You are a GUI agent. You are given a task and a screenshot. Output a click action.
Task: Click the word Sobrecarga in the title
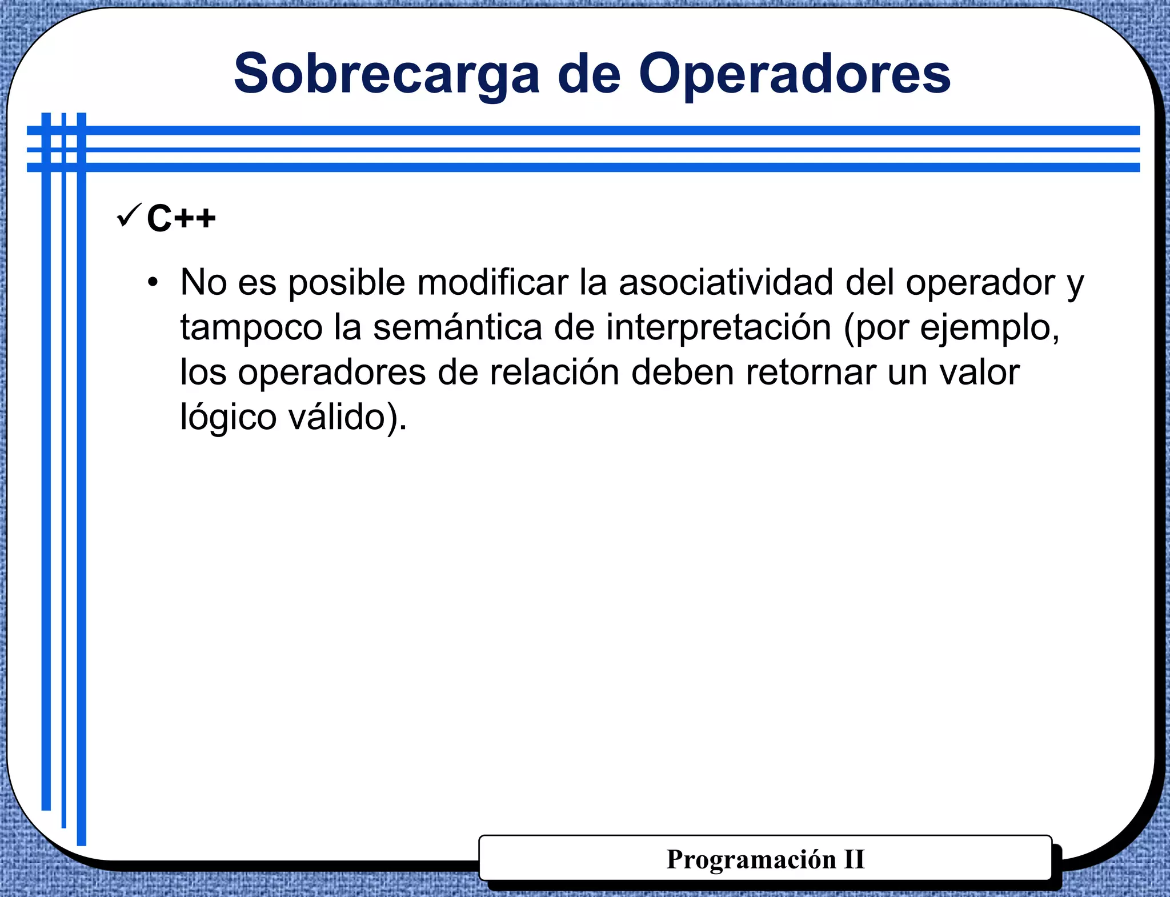click(x=386, y=75)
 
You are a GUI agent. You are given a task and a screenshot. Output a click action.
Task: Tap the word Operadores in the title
click(x=794, y=75)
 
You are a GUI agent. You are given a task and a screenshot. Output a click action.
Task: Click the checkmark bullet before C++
click(x=128, y=215)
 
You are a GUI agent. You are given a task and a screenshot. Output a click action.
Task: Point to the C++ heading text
click(x=181, y=218)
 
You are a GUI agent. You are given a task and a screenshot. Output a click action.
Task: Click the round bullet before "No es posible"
click(x=152, y=282)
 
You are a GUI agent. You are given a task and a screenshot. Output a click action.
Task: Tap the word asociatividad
click(x=726, y=282)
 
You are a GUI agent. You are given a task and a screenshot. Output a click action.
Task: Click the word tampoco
click(x=251, y=327)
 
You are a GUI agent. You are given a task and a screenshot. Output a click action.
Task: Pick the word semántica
click(x=457, y=327)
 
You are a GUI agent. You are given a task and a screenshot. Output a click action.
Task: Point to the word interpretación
click(x=718, y=327)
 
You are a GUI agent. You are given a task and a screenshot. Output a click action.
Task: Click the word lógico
click(x=229, y=417)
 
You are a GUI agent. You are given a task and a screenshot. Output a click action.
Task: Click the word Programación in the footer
click(x=751, y=859)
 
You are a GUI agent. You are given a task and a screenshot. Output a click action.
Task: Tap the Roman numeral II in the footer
click(x=854, y=859)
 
